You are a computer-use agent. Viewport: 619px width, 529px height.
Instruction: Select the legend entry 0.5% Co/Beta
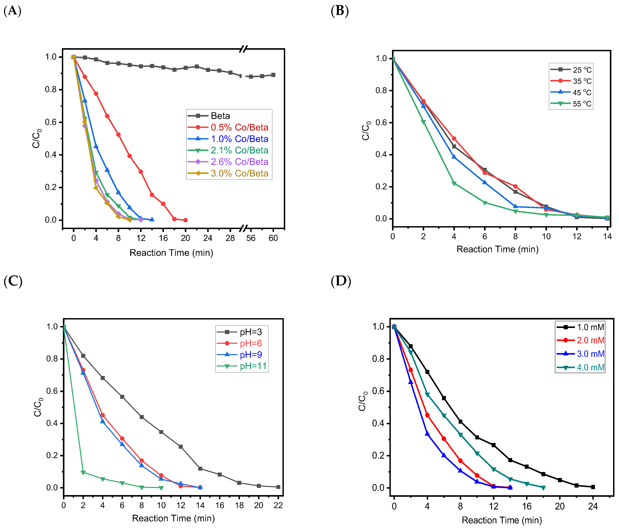(239, 127)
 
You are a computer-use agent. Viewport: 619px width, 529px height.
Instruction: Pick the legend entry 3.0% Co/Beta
(239, 173)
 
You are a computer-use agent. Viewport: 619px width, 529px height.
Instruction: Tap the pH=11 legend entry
(253, 366)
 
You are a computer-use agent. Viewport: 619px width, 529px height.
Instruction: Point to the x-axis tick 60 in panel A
(273, 238)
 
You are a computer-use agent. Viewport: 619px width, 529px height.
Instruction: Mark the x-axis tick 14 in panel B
(607, 236)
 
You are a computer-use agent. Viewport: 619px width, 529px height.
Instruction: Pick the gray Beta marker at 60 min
(273, 75)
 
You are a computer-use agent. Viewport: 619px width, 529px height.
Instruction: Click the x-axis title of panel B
(497, 249)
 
